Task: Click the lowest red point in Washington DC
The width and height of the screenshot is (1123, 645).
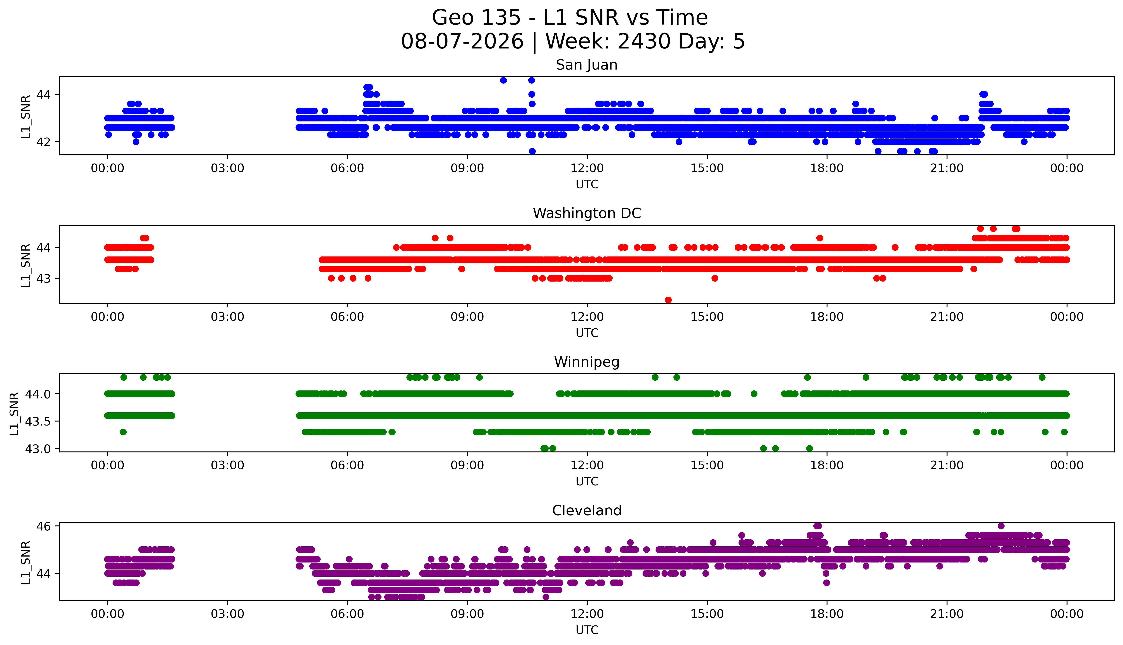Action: pyautogui.click(x=668, y=300)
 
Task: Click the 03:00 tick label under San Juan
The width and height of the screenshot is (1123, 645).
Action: pyautogui.click(x=227, y=168)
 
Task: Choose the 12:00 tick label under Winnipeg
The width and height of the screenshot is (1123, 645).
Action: pyautogui.click(x=587, y=466)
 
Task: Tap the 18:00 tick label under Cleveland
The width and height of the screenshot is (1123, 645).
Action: pyautogui.click(x=827, y=614)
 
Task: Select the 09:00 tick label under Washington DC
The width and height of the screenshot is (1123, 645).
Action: pyautogui.click(x=467, y=317)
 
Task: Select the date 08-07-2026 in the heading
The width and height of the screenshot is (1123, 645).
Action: pyautogui.click(x=462, y=41)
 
